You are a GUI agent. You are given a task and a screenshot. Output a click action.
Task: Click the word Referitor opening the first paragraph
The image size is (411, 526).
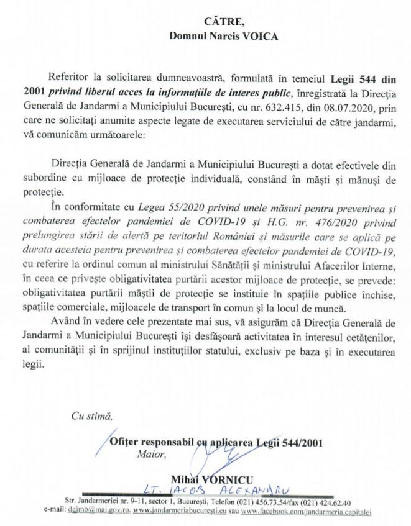(x=94, y=79)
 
